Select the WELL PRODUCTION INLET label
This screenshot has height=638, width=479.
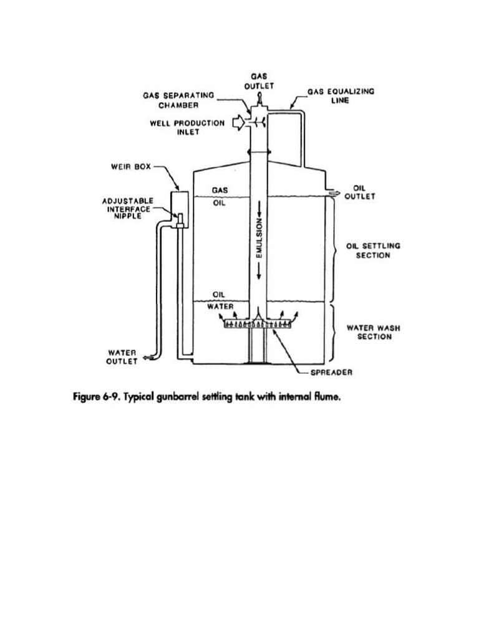(x=187, y=128)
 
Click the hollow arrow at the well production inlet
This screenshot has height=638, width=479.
(x=238, y=125)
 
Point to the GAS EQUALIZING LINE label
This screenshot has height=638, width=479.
(x=341, y=96)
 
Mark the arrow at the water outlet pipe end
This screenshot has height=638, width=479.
(x=147, y=358)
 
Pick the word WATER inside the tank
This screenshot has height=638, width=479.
(x=220, y=307)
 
